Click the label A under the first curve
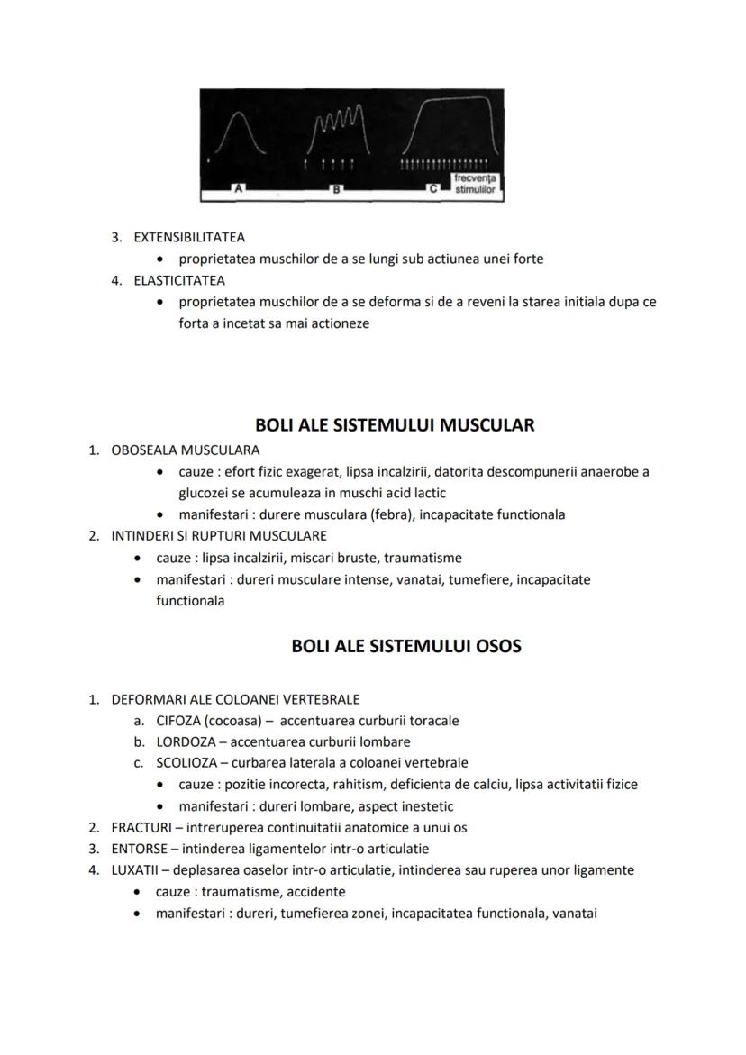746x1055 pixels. (x=238, y=189)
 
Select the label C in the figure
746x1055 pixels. (x=433, y=189)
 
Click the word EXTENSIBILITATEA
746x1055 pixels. (x=189, y=238)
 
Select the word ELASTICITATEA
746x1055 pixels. (x=179, y=280)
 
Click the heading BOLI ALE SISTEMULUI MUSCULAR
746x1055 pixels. (x=395, y=425)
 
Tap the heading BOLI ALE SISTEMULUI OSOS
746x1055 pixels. (x=406, y=646)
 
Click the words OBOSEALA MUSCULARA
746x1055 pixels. (x=185, y=450)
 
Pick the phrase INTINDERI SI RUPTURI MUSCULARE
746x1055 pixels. (x=219, y=536)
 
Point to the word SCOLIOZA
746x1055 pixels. (x=185, y=762)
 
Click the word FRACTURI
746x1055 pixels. (x=141, y=827)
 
